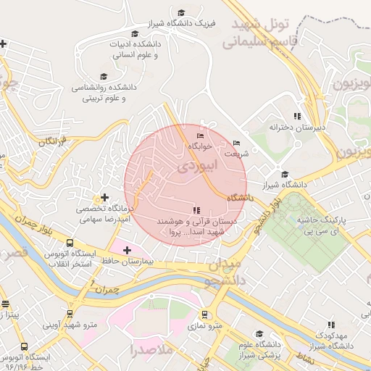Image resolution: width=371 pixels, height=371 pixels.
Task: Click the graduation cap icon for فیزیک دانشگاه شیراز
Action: click(181, 12)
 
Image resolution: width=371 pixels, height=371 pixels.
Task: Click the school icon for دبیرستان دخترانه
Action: click(296, 116)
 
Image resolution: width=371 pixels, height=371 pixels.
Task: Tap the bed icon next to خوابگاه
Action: click(201, 135)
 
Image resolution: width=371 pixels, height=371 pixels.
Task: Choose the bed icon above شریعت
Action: click(236, 143)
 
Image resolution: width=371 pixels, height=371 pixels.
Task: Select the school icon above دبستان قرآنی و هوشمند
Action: click(196, 210)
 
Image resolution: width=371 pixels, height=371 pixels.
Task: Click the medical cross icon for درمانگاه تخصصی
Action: click(105, 197)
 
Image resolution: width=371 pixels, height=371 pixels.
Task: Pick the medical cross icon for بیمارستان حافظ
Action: click(128, 250)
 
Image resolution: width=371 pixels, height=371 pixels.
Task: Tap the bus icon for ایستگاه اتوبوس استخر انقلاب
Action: click(70, 243)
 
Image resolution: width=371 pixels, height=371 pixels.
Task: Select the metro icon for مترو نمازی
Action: click(206, 315)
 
